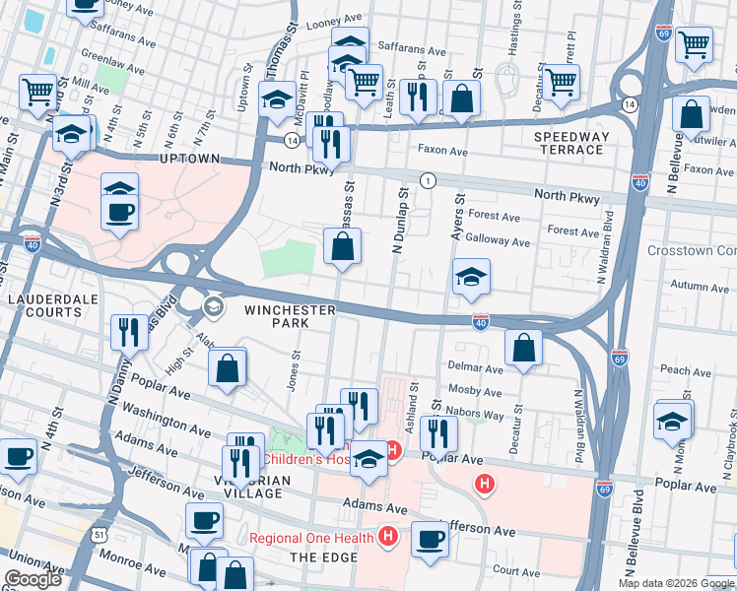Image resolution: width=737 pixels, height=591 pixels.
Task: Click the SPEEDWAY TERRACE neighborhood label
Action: (569, 143)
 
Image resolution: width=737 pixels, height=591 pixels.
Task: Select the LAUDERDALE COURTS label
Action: (45, 304)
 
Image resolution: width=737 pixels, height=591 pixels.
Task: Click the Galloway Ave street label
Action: (499, 241)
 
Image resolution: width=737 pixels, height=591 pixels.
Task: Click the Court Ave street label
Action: (517, 569)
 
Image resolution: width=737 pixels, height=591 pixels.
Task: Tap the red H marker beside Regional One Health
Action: (388, 537)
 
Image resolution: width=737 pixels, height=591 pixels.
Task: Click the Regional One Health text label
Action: (311, 537)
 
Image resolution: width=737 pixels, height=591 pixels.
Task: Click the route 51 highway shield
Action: (100, 534)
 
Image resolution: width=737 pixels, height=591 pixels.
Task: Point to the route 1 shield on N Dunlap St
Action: (427, 180)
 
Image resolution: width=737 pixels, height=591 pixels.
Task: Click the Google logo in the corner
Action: (33, 579)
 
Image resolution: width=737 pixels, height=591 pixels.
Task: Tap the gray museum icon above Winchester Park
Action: (212, 308)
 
